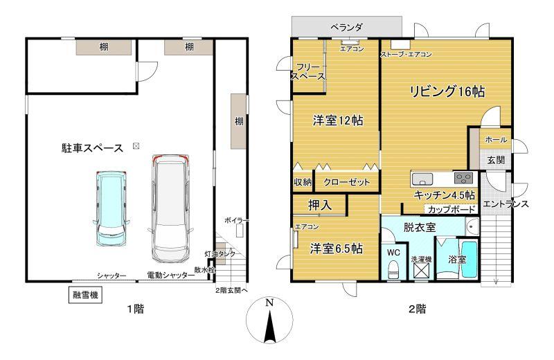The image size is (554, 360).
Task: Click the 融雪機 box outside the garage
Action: [85, 295]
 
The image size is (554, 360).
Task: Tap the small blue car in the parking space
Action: [111, 209]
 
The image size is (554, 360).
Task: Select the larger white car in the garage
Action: [170, 209]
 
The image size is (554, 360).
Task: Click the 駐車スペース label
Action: [92, 148]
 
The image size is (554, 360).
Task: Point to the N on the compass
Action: [269, 303]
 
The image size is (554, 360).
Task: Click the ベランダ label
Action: [346, 27]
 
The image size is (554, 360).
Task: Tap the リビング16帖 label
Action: [447, 91]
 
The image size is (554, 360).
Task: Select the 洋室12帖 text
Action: [338, 121]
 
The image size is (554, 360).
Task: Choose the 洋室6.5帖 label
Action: [337, 249]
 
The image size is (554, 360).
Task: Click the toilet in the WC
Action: [393, 269]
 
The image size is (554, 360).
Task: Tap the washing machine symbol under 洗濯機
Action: [421, 271]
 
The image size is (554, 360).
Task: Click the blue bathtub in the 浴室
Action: [470, 260]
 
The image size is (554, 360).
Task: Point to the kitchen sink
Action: [422, 180]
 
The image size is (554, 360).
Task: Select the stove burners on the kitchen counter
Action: [463, 178]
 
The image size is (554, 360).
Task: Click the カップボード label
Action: [452, 210]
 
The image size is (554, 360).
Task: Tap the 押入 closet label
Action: [320, 205]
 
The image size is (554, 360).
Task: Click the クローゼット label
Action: [346, 182]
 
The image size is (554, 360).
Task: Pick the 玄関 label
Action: [496, 160]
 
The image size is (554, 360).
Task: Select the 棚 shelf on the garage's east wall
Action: [239, 121]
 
